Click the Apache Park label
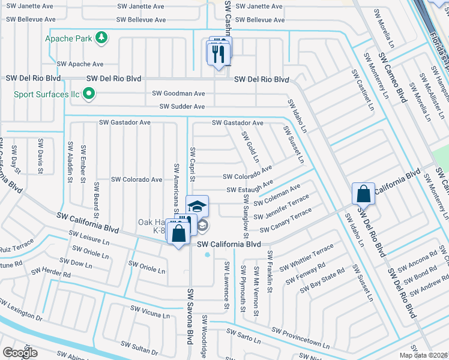(69, 38)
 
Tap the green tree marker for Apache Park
(102, 38)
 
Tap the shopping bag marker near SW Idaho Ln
(363, 194)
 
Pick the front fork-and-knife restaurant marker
(217, 55)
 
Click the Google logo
(20, 353)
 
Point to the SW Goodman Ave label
(178, 94)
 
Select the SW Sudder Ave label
(182, 107)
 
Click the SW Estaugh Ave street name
(250, 190)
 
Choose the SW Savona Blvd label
(191, 316)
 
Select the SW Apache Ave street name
(80, 64)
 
